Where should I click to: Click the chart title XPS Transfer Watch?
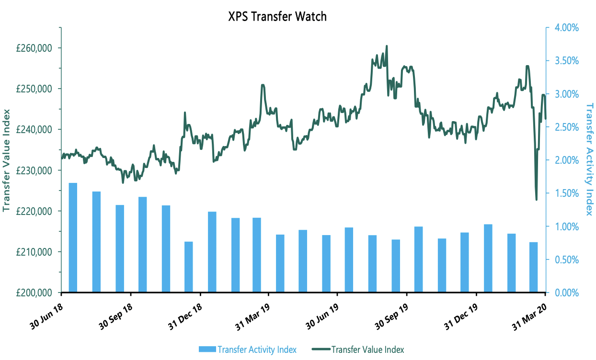point(277,16)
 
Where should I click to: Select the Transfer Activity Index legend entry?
point(247,349)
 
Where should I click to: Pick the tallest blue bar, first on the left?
point(73,237)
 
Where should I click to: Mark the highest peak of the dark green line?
point(387,46)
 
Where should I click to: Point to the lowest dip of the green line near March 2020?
point(536,200)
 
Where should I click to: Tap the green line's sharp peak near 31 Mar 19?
point(263,85)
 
